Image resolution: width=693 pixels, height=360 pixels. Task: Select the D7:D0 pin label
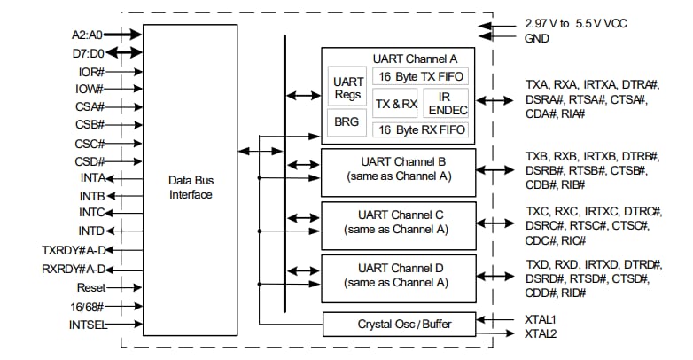coord(89,53)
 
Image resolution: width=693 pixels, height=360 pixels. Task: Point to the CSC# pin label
coord(90,143)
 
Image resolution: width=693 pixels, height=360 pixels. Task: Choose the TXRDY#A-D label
coord(74,250)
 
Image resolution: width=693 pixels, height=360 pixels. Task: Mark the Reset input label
coord(90,287)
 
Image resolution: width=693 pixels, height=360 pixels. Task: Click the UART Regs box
coord(348,87)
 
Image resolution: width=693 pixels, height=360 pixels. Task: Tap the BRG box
coord(347,121)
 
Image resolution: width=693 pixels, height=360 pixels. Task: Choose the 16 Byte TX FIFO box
coord(419,76)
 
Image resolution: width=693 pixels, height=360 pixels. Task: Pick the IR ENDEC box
coord(445,104)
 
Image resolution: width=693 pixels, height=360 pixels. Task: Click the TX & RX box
coord(395,104)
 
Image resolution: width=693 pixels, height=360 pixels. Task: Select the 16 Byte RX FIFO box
coord(419,129)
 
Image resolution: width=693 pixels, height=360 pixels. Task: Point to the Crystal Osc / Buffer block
coord(398,325)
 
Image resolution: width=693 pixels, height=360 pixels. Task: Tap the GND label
coord(537,38)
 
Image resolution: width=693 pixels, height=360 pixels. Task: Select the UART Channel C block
coord(398,222)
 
